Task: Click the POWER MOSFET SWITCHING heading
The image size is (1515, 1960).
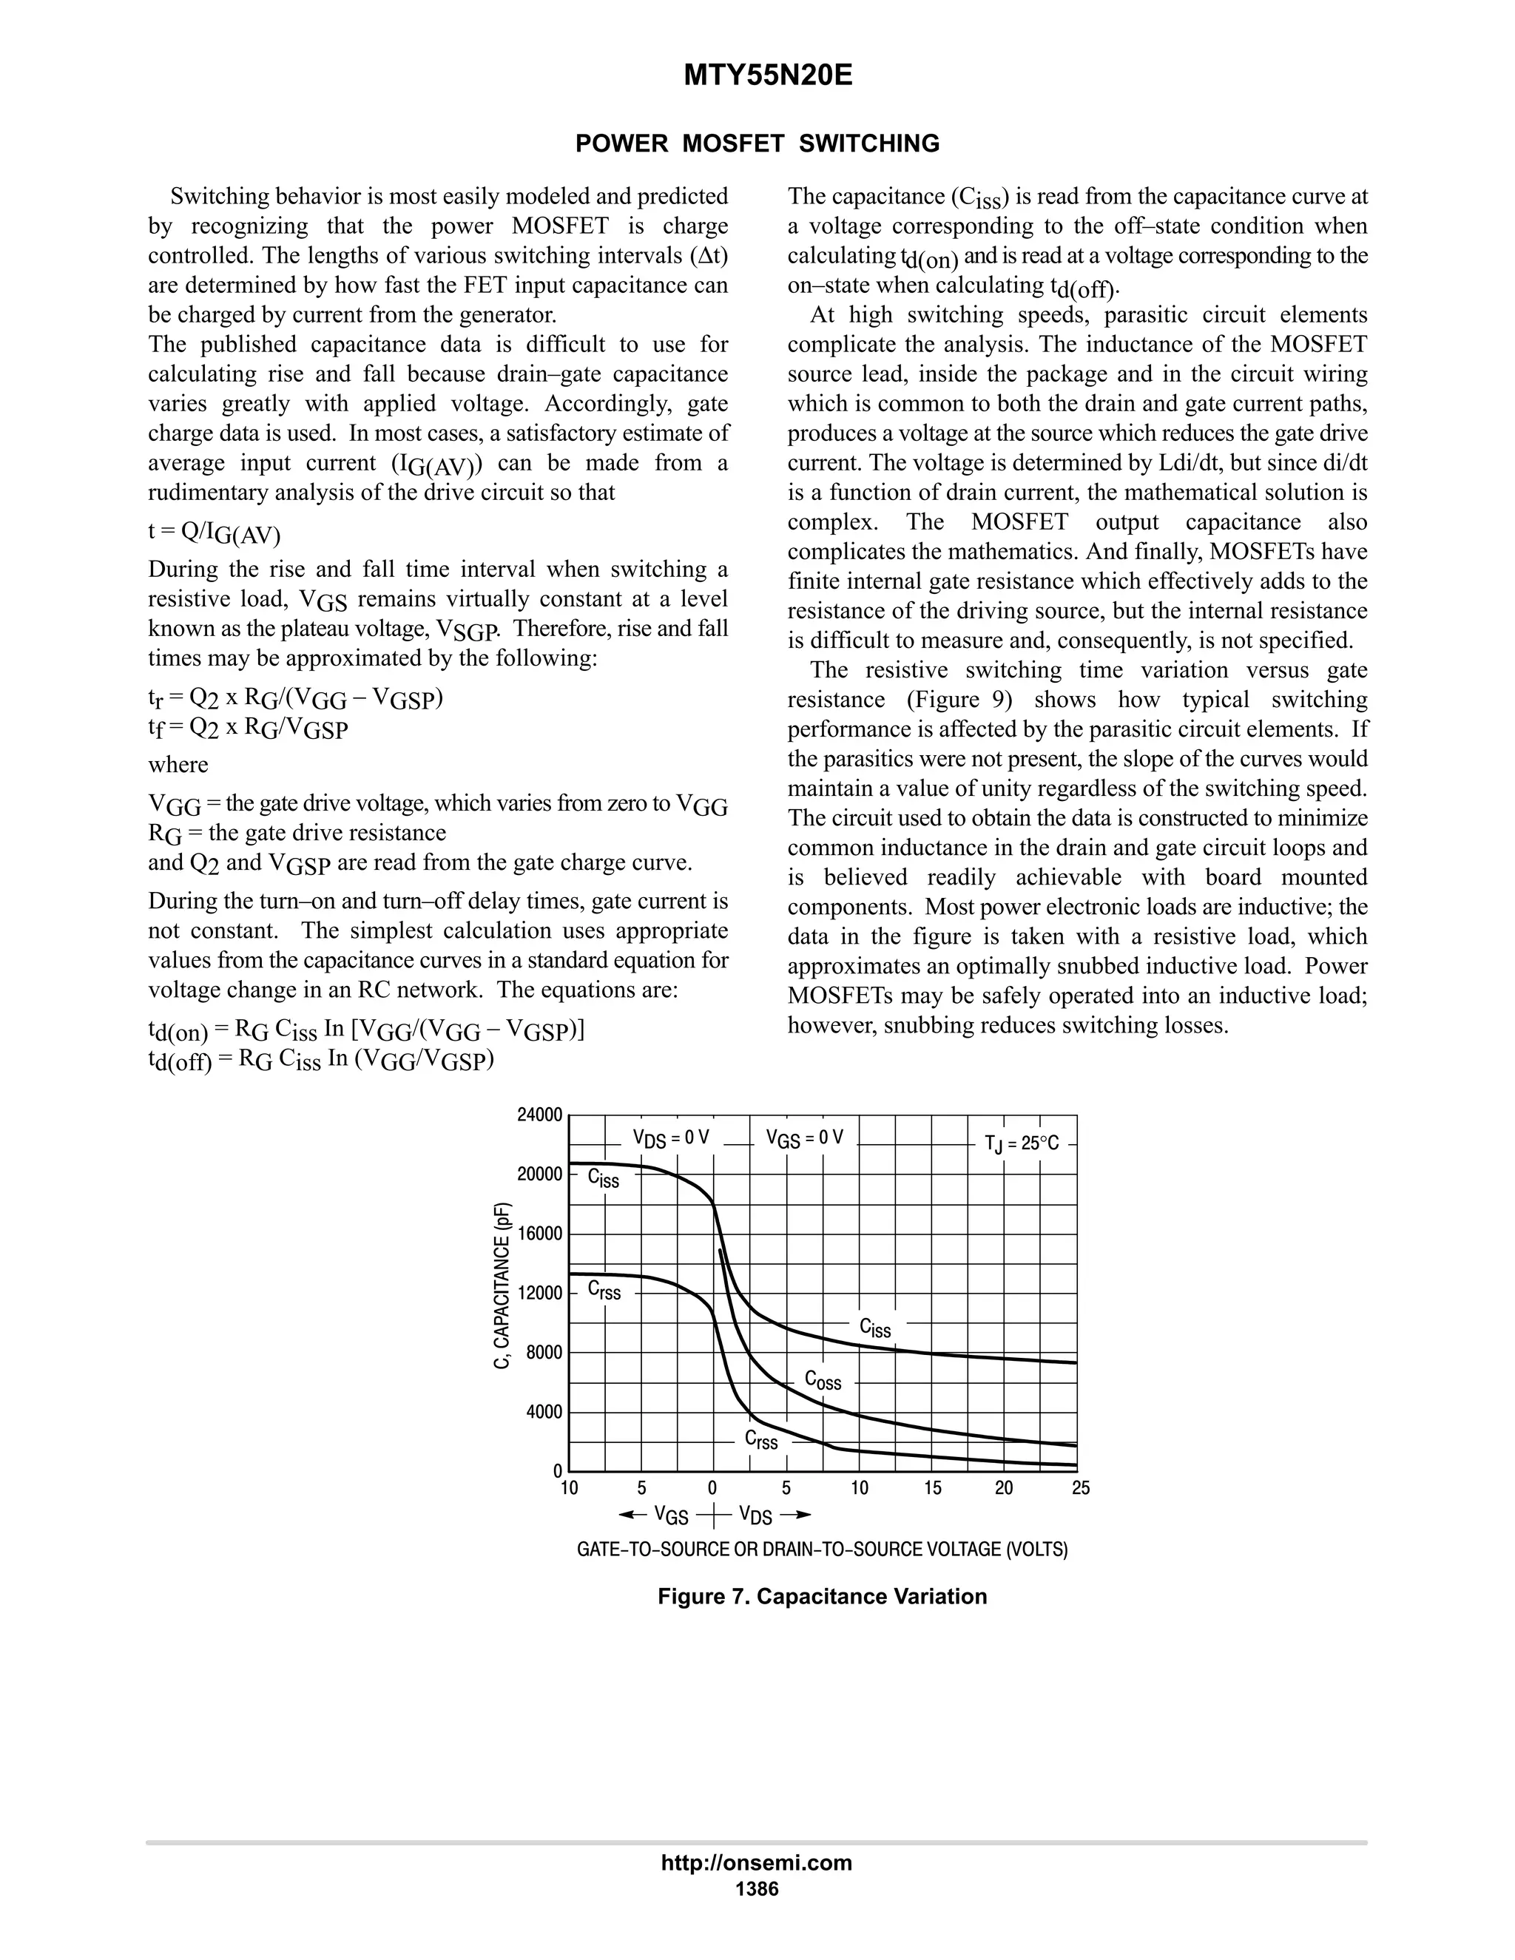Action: (757, 143)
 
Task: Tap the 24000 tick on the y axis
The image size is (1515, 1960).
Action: (539, 1115)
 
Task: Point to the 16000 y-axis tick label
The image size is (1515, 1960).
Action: (539, 1234)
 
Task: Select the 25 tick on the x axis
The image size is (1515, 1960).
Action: (1080, 1489)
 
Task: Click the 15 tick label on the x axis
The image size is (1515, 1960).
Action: (933, 1489)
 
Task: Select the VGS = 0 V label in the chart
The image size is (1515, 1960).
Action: (804, 1138)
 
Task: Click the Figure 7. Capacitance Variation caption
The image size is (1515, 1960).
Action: (821, 1597)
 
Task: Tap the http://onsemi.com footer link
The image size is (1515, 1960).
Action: (756, 1863)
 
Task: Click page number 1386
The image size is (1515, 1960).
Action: (757, 1889)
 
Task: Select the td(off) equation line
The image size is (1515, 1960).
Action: (321, 1060)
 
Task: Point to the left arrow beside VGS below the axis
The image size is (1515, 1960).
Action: (632, 1515)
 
